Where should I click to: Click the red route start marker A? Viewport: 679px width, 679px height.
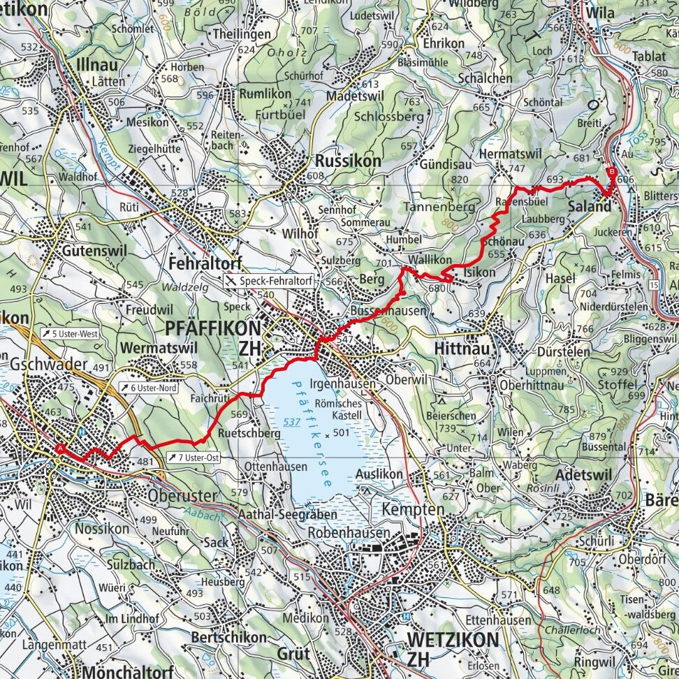tap(61, 448)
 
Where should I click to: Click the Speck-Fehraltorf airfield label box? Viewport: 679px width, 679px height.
tap(268, 280)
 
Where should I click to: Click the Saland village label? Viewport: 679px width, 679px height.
tap(589, 207)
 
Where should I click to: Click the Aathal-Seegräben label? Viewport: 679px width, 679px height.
tap(289, 514)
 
